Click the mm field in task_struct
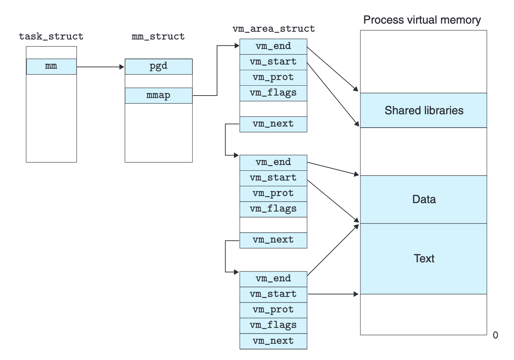(x=51, y=66)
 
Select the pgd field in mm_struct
(x=158, y=66)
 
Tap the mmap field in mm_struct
(x=158, y=96)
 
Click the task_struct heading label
(x=51, y=36)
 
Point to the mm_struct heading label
(x=158, y=36)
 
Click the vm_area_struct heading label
(x=274, y=29)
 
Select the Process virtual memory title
(x=422, y=20)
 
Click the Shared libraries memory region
(x=423, y=110)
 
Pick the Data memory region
(x=423, y=199)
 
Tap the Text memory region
(x=423, y=258)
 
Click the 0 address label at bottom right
(x=495, y=335)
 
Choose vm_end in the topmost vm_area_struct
(x=273, y=46)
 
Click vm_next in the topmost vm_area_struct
(x=273, y=124)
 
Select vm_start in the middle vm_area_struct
(x=273, y=178)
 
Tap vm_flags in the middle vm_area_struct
(x=273, y=209)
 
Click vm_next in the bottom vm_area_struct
(x=273, y=341)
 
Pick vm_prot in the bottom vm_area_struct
(x=273, y=310)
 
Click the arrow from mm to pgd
(x=100, y=67)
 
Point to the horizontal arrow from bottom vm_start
(x=333, y=294)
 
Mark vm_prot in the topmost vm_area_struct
(x=273, y=78)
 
